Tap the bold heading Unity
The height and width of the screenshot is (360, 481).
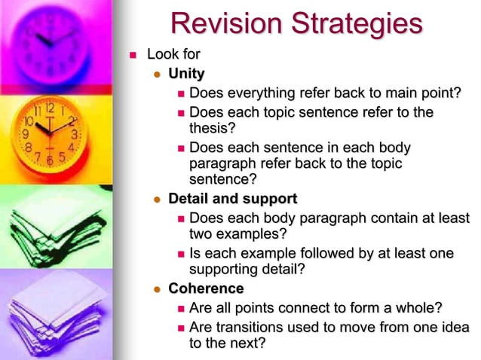186,74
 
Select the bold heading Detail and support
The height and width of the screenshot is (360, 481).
232,199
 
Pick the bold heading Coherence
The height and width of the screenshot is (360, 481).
206,288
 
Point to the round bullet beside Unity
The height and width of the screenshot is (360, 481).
157,75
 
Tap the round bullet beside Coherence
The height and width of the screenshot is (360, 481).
157,289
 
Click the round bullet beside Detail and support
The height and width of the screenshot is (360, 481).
157,200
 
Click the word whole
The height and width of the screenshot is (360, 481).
416,307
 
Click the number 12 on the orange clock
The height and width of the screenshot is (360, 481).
49,107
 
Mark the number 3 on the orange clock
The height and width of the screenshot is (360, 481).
73,134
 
